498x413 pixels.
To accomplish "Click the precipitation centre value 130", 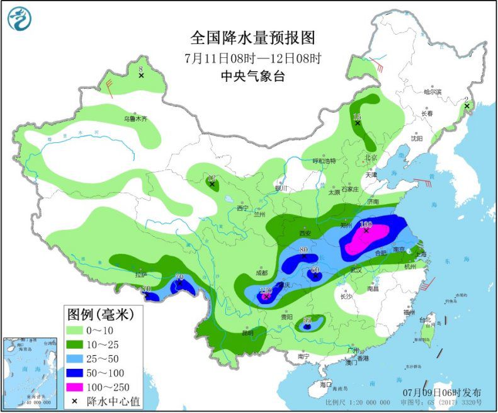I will tap(366, 224).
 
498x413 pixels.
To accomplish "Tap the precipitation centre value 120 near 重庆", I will tap(266, 290).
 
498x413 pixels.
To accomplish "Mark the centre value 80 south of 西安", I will tap(304, 250).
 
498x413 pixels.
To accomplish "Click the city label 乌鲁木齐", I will tap(134, 118).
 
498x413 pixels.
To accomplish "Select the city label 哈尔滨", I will tap(433, 92).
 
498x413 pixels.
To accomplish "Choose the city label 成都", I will tap(261, 273).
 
